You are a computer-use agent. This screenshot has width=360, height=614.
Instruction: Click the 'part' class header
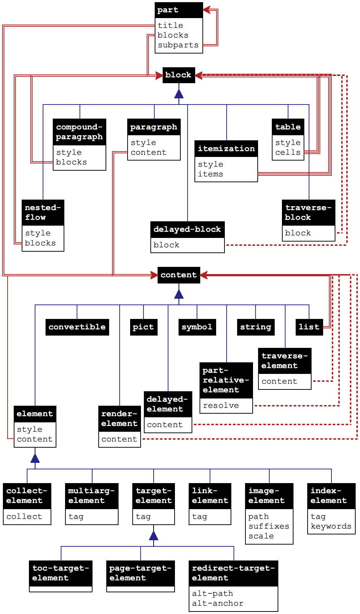[179, 10]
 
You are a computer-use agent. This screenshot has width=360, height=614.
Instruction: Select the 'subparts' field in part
[178, 45]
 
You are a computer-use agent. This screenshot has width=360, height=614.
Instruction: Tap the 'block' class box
[179, 75]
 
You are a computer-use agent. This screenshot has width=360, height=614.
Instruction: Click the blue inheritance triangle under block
[179, 93]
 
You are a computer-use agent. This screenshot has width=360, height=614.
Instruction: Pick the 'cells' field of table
[288, 153]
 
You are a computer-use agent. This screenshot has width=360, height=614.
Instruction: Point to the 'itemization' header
[226, 149]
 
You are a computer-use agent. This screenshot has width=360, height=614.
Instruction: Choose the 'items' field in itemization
[210, 174]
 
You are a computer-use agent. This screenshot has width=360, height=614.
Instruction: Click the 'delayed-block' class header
[187, 229]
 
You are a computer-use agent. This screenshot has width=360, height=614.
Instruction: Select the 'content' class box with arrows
[179, 275]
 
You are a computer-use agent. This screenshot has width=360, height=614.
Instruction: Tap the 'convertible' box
[77, 327]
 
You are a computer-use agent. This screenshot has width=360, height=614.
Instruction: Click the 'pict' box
[143, 327]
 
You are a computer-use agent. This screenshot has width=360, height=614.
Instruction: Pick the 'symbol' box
[197, 327]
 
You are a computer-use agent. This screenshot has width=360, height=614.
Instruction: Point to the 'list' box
[309, 327]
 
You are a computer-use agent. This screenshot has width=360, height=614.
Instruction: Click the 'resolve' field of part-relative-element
[221, 406]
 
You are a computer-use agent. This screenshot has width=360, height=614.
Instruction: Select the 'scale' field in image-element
[261, 536]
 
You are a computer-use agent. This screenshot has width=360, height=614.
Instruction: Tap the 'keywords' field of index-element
[331, 526]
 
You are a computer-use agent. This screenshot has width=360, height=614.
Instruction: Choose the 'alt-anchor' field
[218, 604]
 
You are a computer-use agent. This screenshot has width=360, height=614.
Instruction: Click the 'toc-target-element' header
[61, 573]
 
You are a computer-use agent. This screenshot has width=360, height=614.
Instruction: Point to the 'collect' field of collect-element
[24, 517]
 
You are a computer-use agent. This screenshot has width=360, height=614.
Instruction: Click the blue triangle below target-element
[154, 535]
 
